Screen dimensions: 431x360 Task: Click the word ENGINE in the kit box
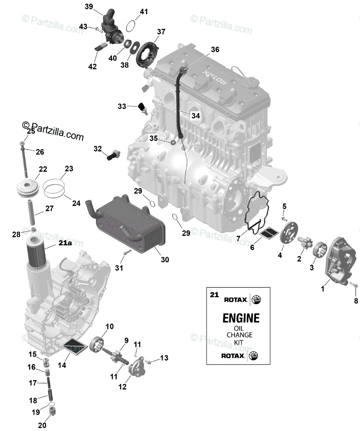pyautogui.click(x=241, y=318)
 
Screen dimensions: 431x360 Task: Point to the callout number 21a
pyautogui.click(x=66, y=244)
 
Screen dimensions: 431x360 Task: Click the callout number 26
pyautogui.click(x=39, y=152)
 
